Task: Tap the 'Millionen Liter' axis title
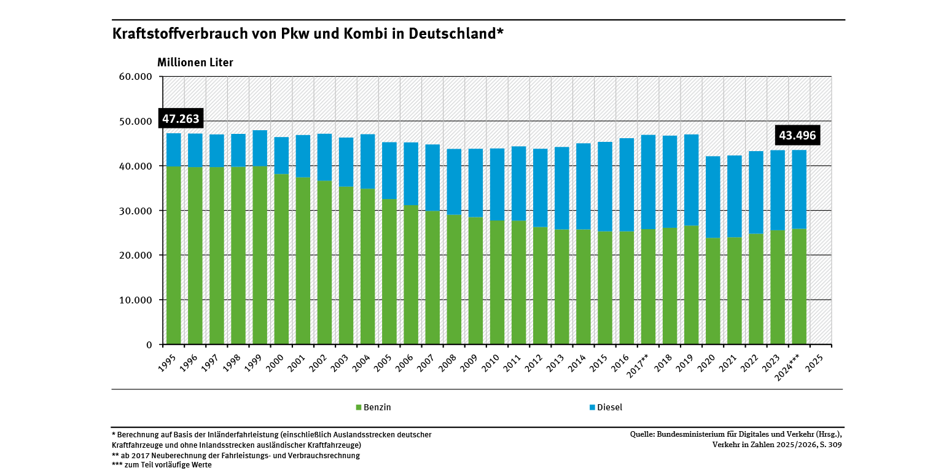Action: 195,62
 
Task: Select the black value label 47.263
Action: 181,119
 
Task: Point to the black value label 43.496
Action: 797,135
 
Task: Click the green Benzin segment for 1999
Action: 260,255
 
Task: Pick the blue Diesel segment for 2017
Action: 648,182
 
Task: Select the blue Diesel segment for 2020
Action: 713,197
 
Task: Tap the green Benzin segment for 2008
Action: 454,279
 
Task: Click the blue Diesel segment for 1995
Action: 174,150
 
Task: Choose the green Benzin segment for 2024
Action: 799,287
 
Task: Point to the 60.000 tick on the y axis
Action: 136,77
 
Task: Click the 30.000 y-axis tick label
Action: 136,211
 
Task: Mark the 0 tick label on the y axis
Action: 149,345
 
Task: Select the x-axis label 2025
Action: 814,364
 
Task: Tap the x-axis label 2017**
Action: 638,366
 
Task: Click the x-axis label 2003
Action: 340,364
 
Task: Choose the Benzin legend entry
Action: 373,407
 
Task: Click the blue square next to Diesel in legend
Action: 592,407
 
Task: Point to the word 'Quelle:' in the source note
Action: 642,434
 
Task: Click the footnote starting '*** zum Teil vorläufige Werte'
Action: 162,465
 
